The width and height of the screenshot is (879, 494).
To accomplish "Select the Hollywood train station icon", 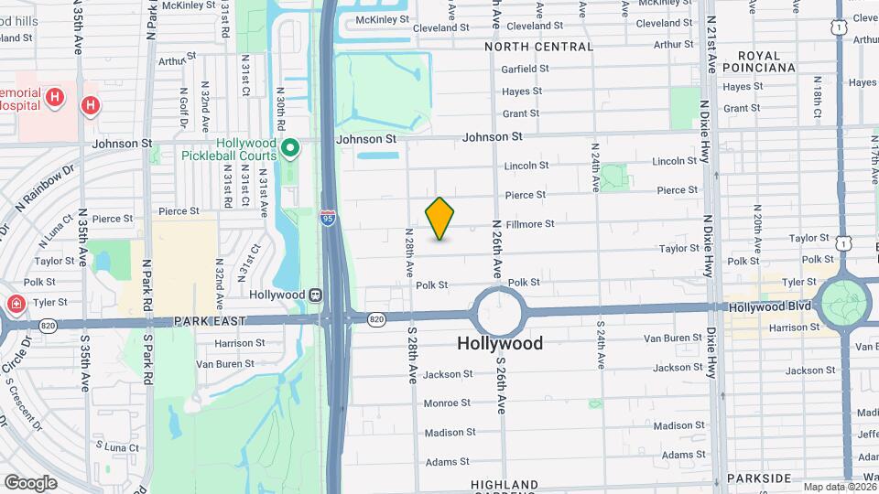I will coord(315,295).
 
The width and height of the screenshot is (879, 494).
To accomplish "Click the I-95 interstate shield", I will coord(328,218).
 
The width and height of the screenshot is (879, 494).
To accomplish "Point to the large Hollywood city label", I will coord(500,344).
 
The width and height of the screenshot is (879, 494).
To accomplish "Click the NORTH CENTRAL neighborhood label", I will coord(539,46).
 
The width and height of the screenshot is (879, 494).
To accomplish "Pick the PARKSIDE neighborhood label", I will coord(758,478).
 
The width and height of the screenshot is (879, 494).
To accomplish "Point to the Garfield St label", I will coord(525,69).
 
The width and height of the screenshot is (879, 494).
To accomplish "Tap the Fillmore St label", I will coord(531,224).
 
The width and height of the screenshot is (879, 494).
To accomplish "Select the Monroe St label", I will coord(446,403).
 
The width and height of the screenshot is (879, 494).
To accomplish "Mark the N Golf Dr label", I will coord(184,108).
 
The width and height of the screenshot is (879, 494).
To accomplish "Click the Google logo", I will coord(30,482).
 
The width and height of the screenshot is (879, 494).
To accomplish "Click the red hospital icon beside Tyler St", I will coord(16,304).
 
